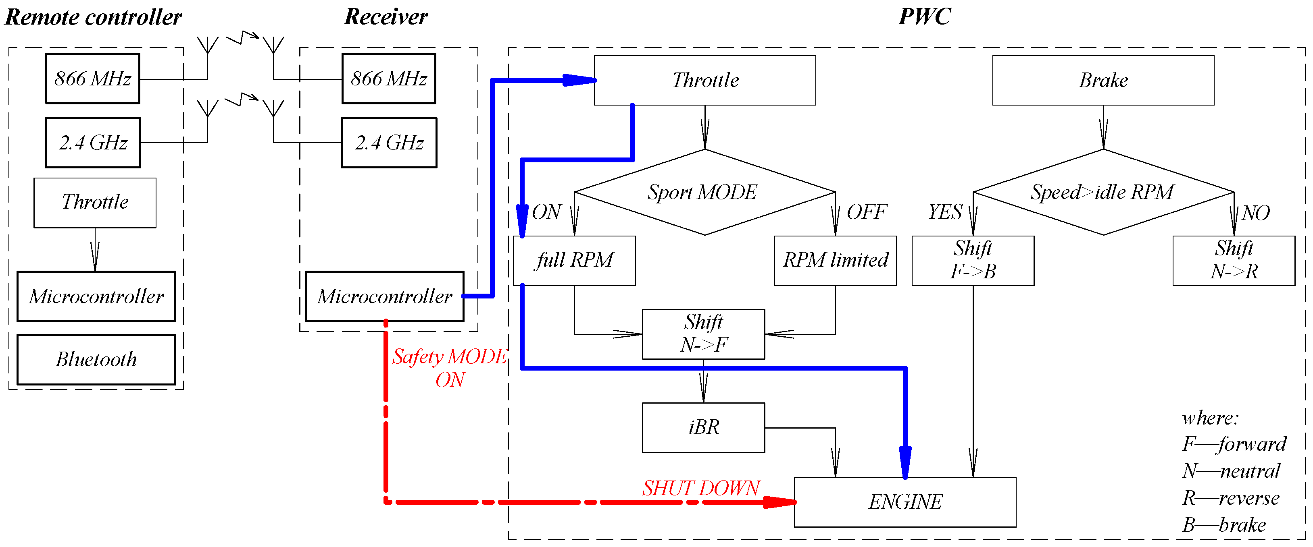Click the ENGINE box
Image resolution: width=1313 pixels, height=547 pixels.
coord(905,501)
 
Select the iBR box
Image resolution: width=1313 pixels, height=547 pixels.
coord(703,427)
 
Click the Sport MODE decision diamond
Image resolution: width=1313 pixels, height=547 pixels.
coord(704,193)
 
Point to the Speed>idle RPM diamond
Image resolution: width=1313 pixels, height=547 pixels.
coord(1103,193)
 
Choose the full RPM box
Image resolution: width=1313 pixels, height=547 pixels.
coord(574,260)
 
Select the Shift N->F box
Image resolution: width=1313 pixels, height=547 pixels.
coord(703,334)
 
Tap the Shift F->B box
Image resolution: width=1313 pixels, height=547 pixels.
coord(973,260)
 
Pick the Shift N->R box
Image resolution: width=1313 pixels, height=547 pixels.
coord(1234,260)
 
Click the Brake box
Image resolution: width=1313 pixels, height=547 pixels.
coord(1103,80)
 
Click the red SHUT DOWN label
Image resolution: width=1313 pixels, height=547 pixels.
coord(701,488)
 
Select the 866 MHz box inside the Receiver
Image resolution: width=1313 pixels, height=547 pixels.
coord(388,79)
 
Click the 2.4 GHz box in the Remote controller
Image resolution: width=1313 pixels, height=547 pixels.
coord(93,143)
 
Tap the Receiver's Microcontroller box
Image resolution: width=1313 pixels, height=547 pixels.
coord(384,296)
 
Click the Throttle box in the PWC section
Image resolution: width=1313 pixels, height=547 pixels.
coord(704,80)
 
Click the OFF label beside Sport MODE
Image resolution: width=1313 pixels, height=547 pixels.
coord(867,212)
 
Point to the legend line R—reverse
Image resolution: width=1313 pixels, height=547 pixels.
coord(1230,497)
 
